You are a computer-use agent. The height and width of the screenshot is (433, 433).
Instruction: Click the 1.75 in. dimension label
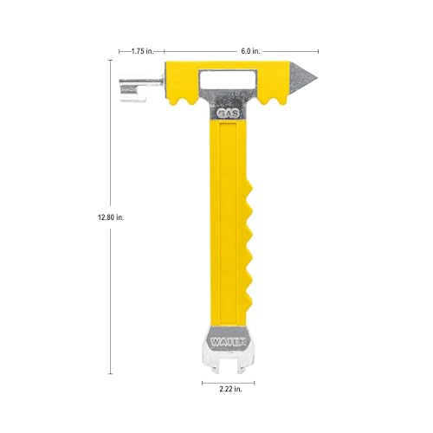coord(142,51)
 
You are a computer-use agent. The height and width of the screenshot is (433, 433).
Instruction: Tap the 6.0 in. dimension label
coord(250,51)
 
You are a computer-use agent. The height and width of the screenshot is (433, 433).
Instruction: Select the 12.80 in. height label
coord(111,217)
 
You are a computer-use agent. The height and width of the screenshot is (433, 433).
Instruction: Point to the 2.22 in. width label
coord(230,389)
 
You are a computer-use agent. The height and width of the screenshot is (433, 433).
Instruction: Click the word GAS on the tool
coord(229,113)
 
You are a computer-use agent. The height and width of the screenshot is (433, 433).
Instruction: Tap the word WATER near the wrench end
coord(228,342)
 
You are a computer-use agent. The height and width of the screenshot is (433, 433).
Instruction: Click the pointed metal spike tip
coord(317,78)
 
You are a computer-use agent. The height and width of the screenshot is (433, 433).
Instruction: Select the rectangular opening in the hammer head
coord(227,81)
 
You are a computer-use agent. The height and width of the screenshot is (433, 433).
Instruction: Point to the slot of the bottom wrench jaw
coord(228,366)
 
